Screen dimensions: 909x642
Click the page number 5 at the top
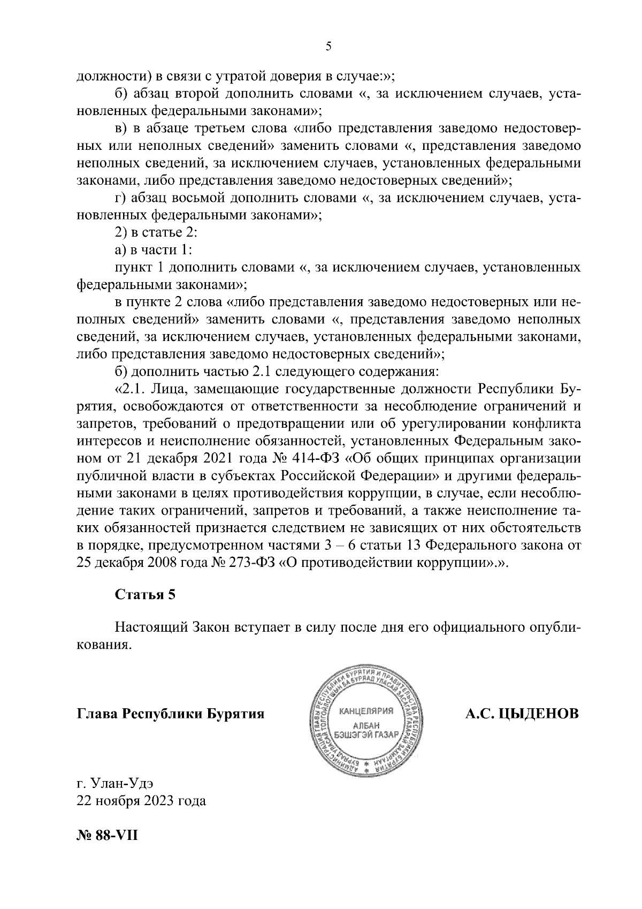pos(328,47)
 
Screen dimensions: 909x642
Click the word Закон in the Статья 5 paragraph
pos(209,627)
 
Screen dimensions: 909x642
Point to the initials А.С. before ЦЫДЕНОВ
pos(479,714)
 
